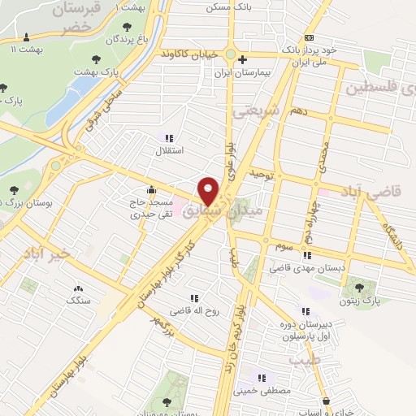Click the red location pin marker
click(x=210, y=191)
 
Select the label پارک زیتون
click(x=361, y=301)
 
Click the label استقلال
click(x=170, y=151)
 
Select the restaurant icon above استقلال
click(x=170, y=138)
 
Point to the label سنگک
click(x=79, y=301)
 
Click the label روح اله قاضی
click(x=193, y=310)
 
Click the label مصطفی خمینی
click(x=262, y=390)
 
